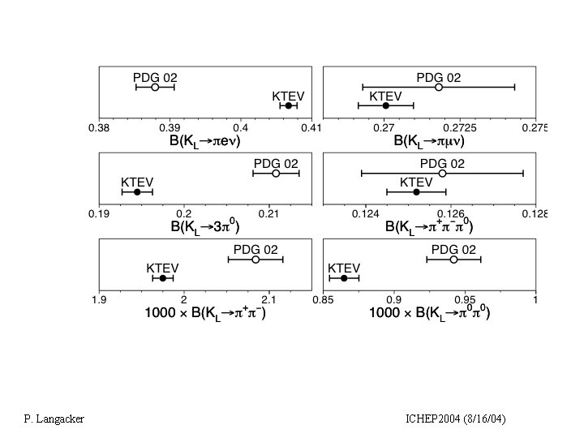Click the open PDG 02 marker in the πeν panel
point(155,87)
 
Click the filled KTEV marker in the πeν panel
point(289,105)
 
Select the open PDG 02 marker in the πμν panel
point(439,87)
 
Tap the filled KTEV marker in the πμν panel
point(386,105)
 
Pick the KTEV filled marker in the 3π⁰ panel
point(137,192)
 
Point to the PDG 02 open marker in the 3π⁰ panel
point(276,174)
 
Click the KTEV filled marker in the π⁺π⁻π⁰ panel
point(417,192)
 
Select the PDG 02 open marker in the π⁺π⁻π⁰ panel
point(442,173)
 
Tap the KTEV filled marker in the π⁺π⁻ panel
point(163,278)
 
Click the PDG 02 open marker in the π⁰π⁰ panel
point(453,260)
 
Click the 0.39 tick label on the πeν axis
point(170,127)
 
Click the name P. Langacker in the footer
point(54,419)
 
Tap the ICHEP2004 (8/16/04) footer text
point(455,419)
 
